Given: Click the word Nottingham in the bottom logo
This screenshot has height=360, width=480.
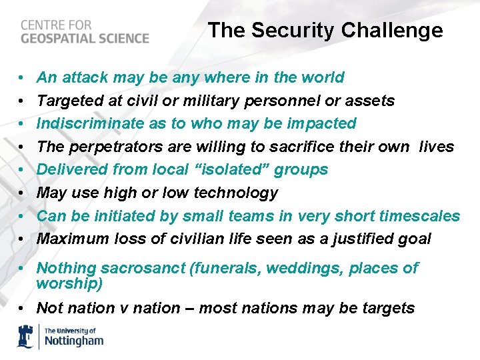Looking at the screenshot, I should click(x=74, y=341).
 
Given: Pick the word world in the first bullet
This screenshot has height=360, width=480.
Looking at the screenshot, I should click(x=323, y=77).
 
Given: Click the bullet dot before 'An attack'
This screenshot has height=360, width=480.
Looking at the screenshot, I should click(x=22, y=78).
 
